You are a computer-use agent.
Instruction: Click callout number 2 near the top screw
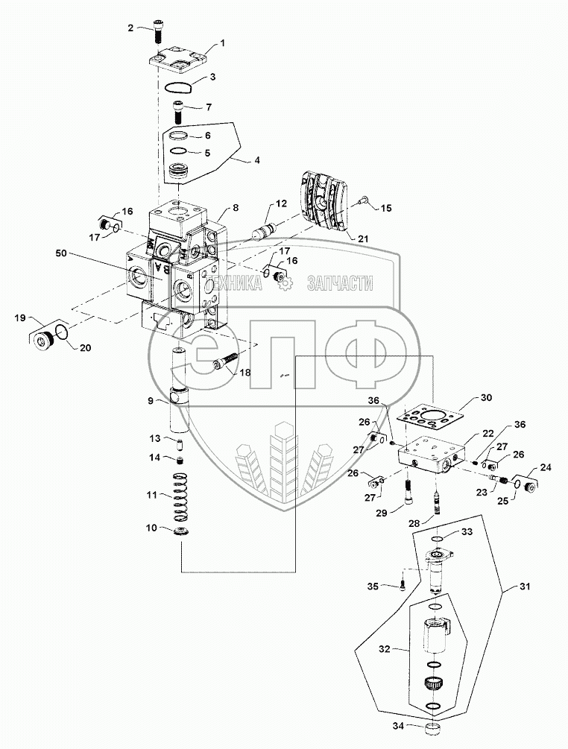[130, 28]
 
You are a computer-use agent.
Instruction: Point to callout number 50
[62, 253]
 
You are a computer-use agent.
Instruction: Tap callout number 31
[525, 586]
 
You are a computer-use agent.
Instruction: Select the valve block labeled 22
[432, 455]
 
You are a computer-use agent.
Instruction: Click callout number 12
[281, 203]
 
